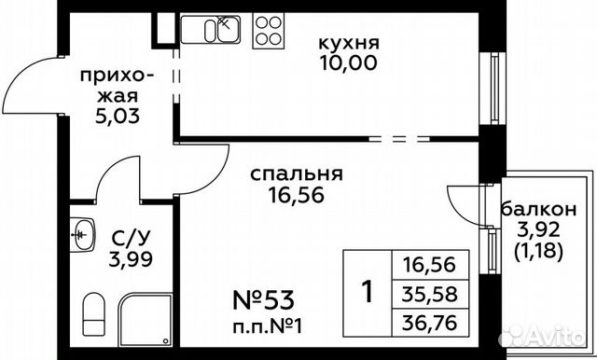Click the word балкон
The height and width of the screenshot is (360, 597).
tap(543, 209)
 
